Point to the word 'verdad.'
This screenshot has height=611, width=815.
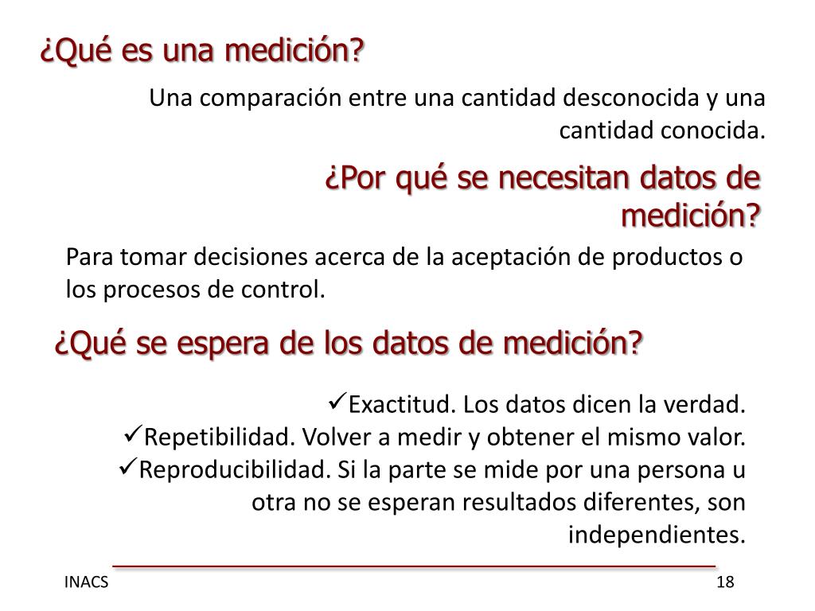[712, 405]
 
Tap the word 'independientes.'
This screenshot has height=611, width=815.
[657, 535]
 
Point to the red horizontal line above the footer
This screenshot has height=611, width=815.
[414, 566]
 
